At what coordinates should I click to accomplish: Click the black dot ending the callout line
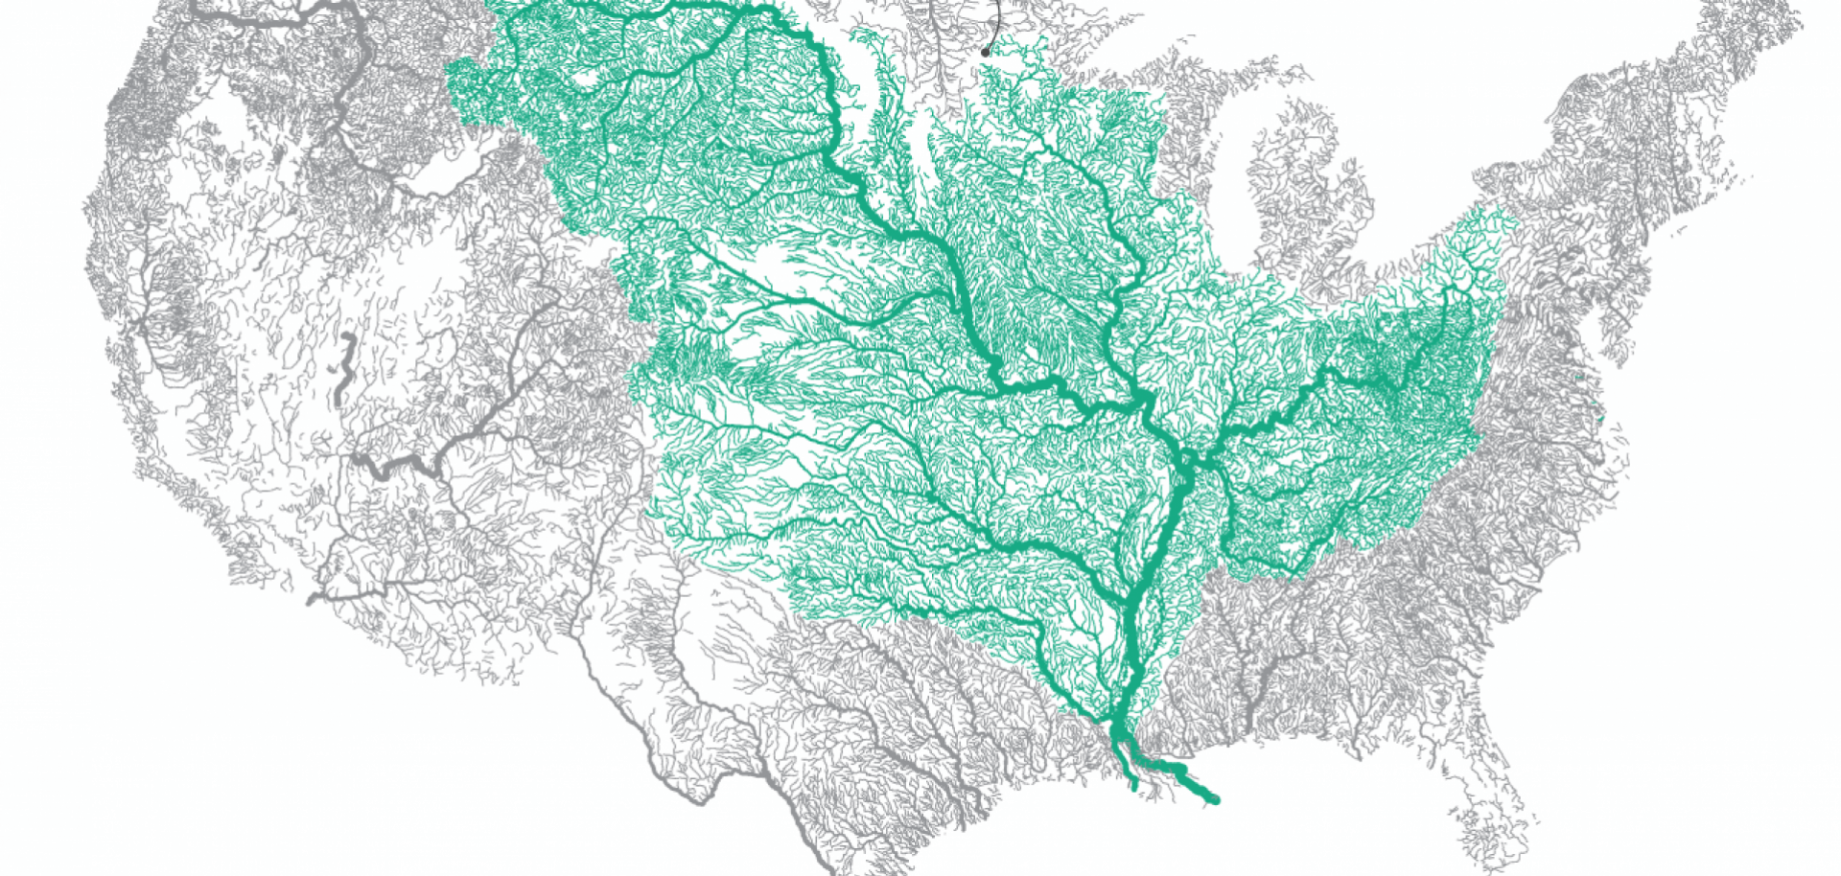pyautogui.click(x=985, y=53)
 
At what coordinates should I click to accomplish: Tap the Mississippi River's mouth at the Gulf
pyautogui.click(x=1214, y=799)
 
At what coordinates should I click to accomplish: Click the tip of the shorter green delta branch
pyautogui.click(x=1134, y=786)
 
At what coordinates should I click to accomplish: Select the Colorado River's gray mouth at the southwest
pyautogui.click(x=312, y=600)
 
